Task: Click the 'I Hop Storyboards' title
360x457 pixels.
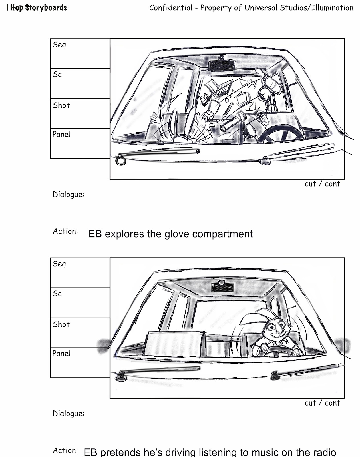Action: point(37,8)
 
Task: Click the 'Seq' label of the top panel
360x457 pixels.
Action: point(59,45)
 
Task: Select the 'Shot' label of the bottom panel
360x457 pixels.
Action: point(61,324)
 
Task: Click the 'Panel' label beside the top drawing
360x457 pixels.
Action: point(61,134)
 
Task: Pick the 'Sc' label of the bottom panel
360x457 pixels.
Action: point(57,294)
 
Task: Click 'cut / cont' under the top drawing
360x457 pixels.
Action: point(322,184)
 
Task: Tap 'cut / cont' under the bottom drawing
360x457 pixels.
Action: point(322,403)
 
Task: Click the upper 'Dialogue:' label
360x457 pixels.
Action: point(69,195)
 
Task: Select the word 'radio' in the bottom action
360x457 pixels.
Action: point(323,452)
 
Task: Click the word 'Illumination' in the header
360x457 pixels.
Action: point(332,8)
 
